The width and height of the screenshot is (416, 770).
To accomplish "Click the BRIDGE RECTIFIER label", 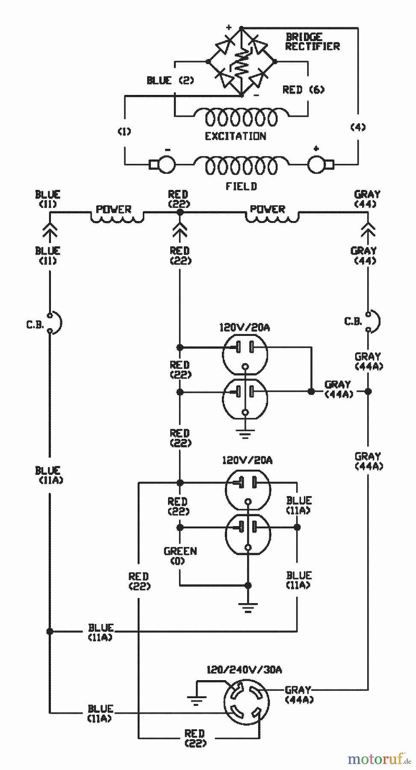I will [x=312, y=41].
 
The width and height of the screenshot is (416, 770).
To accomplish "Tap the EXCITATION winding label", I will [x=236, y=136].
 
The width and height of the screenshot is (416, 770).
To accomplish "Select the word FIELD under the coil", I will [x=241, y=187].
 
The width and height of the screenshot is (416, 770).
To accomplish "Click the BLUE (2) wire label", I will [x=170, y=80].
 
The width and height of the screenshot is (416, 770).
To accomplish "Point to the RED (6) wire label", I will [x=303, y=90].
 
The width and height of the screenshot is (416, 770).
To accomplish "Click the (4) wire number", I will [x=358, y=127].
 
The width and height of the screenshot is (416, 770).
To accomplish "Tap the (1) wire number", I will [x=124, y=132].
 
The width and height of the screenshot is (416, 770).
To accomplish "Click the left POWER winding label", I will [x=113, y=210].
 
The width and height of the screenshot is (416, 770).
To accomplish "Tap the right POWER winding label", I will [x=268, y=209].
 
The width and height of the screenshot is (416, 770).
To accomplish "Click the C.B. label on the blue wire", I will [x=35, y=325].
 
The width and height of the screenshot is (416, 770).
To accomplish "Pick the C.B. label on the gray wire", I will [x=353, y=321].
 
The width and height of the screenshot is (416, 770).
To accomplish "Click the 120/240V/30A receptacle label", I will [x=244, y=670].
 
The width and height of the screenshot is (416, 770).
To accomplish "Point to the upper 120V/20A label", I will [x=245, y=328].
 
